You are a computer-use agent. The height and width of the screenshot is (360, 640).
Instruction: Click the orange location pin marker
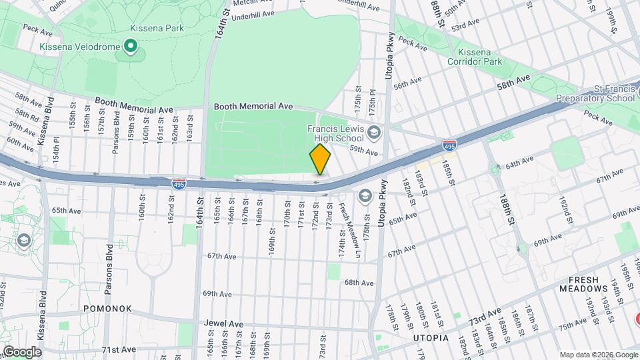[x=320, y=159]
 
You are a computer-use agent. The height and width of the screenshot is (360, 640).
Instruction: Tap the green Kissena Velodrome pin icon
[x=131, y=46]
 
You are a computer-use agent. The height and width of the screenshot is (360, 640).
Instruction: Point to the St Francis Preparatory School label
[x=597, y=93]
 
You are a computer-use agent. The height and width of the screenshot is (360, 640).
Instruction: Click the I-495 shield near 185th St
[x=449, y=144]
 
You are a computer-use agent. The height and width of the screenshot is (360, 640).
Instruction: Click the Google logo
[x=21, y=351]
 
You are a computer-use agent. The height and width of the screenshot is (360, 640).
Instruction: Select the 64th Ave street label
[x=519, y=162]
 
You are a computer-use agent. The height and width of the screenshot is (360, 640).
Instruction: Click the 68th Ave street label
[x=359, y=283]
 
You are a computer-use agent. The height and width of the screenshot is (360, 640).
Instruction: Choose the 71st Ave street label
[x=118, y=349]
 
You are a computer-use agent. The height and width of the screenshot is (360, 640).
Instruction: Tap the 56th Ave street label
[x=407, y=83]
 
